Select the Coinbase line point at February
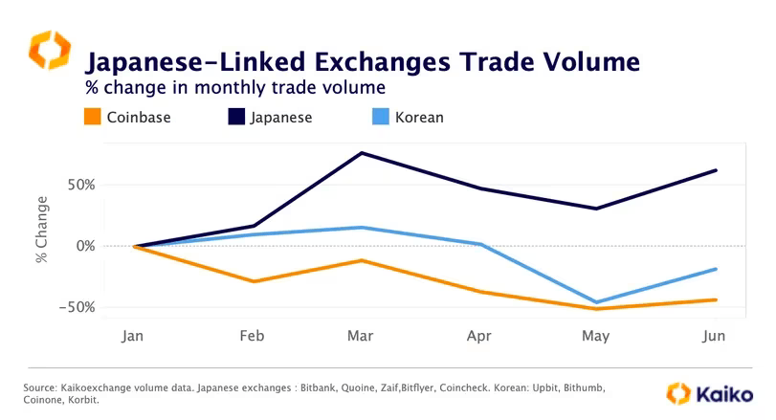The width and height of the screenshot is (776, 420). point(253,281)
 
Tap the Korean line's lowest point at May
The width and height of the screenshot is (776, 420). point(597,302)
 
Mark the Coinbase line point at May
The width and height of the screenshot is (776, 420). point(597,309)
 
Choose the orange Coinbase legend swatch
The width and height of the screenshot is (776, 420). point(93,118)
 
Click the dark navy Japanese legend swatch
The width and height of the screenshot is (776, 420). point(233,118)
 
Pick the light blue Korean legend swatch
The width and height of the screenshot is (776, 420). point(377,118)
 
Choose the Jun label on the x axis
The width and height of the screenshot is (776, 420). point(713,337)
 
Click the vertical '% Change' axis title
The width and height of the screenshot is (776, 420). point(42,230)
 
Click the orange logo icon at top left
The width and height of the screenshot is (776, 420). point(49,50)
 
